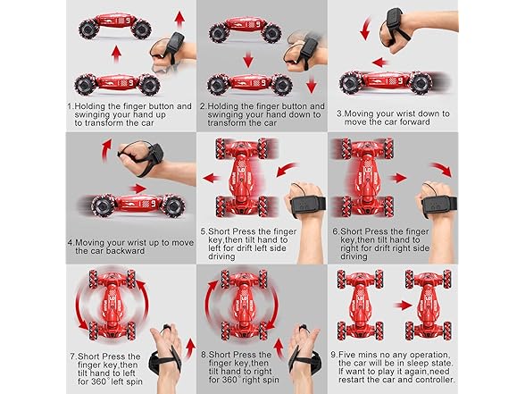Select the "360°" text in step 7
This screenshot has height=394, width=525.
tap(98, 381)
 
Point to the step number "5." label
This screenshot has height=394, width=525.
tap(204, 231)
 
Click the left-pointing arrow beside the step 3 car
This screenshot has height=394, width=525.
tap(380, 63)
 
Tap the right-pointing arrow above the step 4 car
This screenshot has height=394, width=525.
tap(137, 189)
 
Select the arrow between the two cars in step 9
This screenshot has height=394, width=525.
tap(404, 306)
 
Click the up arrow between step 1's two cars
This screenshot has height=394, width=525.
tap(116, 54)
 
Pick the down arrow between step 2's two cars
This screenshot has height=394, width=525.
tap(248, 59)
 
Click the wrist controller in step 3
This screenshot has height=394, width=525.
tap(395, 20)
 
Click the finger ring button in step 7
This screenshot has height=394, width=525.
tap(166, 327)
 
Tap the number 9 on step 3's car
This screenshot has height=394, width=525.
tap(400, 80)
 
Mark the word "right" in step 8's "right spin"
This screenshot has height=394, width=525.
tap(259, 380)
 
